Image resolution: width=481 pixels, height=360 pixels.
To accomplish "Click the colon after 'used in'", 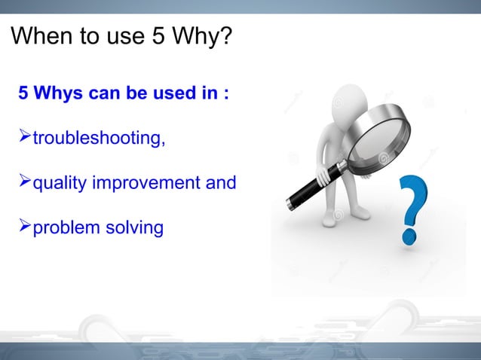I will (x=226, y=96).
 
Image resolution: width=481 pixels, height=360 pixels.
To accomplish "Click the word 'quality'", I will (x=59, y=183).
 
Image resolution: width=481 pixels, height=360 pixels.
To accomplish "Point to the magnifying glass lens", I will (x=376, y=140).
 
